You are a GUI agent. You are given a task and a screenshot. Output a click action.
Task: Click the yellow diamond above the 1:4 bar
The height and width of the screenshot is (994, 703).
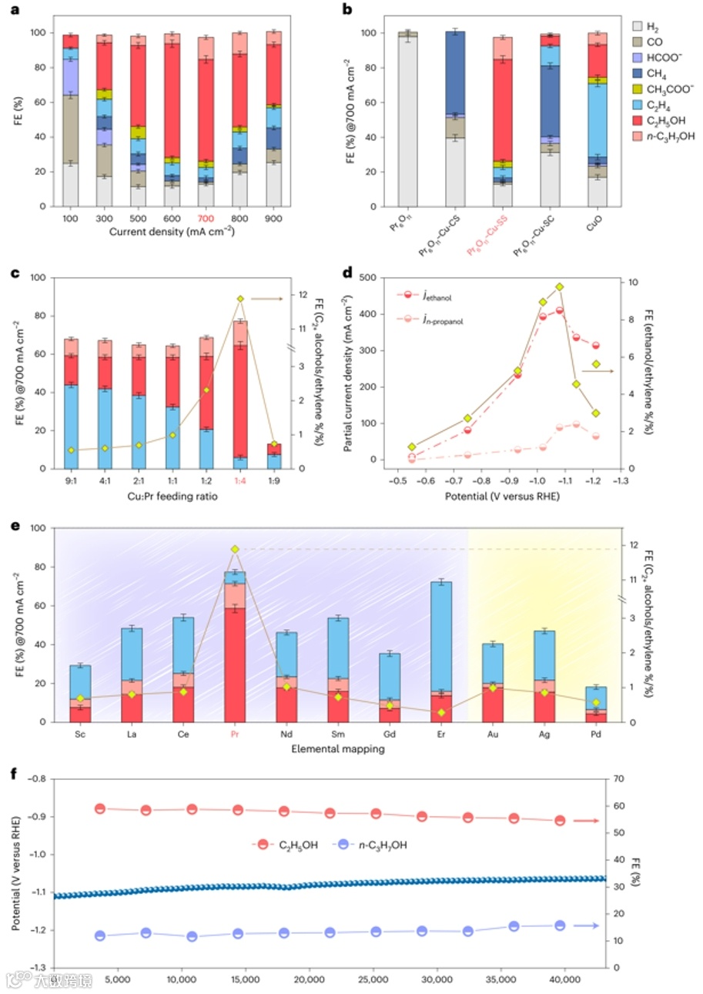240,299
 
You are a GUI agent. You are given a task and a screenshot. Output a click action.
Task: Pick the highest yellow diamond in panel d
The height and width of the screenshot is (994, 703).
560,287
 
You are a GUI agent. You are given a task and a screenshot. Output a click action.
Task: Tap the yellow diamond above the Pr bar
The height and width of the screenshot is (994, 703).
235,549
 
